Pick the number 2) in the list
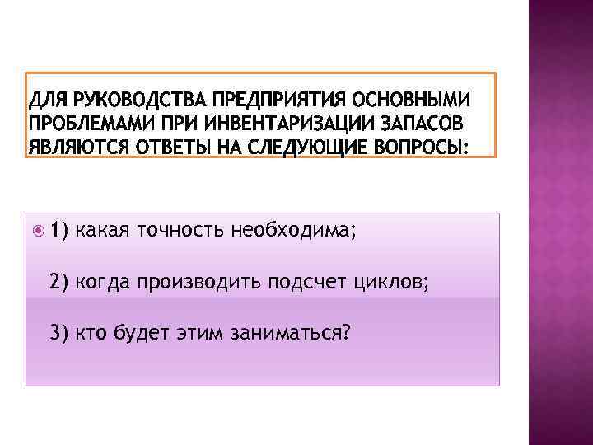tap(59, 282)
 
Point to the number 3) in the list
tap(59, 332)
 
